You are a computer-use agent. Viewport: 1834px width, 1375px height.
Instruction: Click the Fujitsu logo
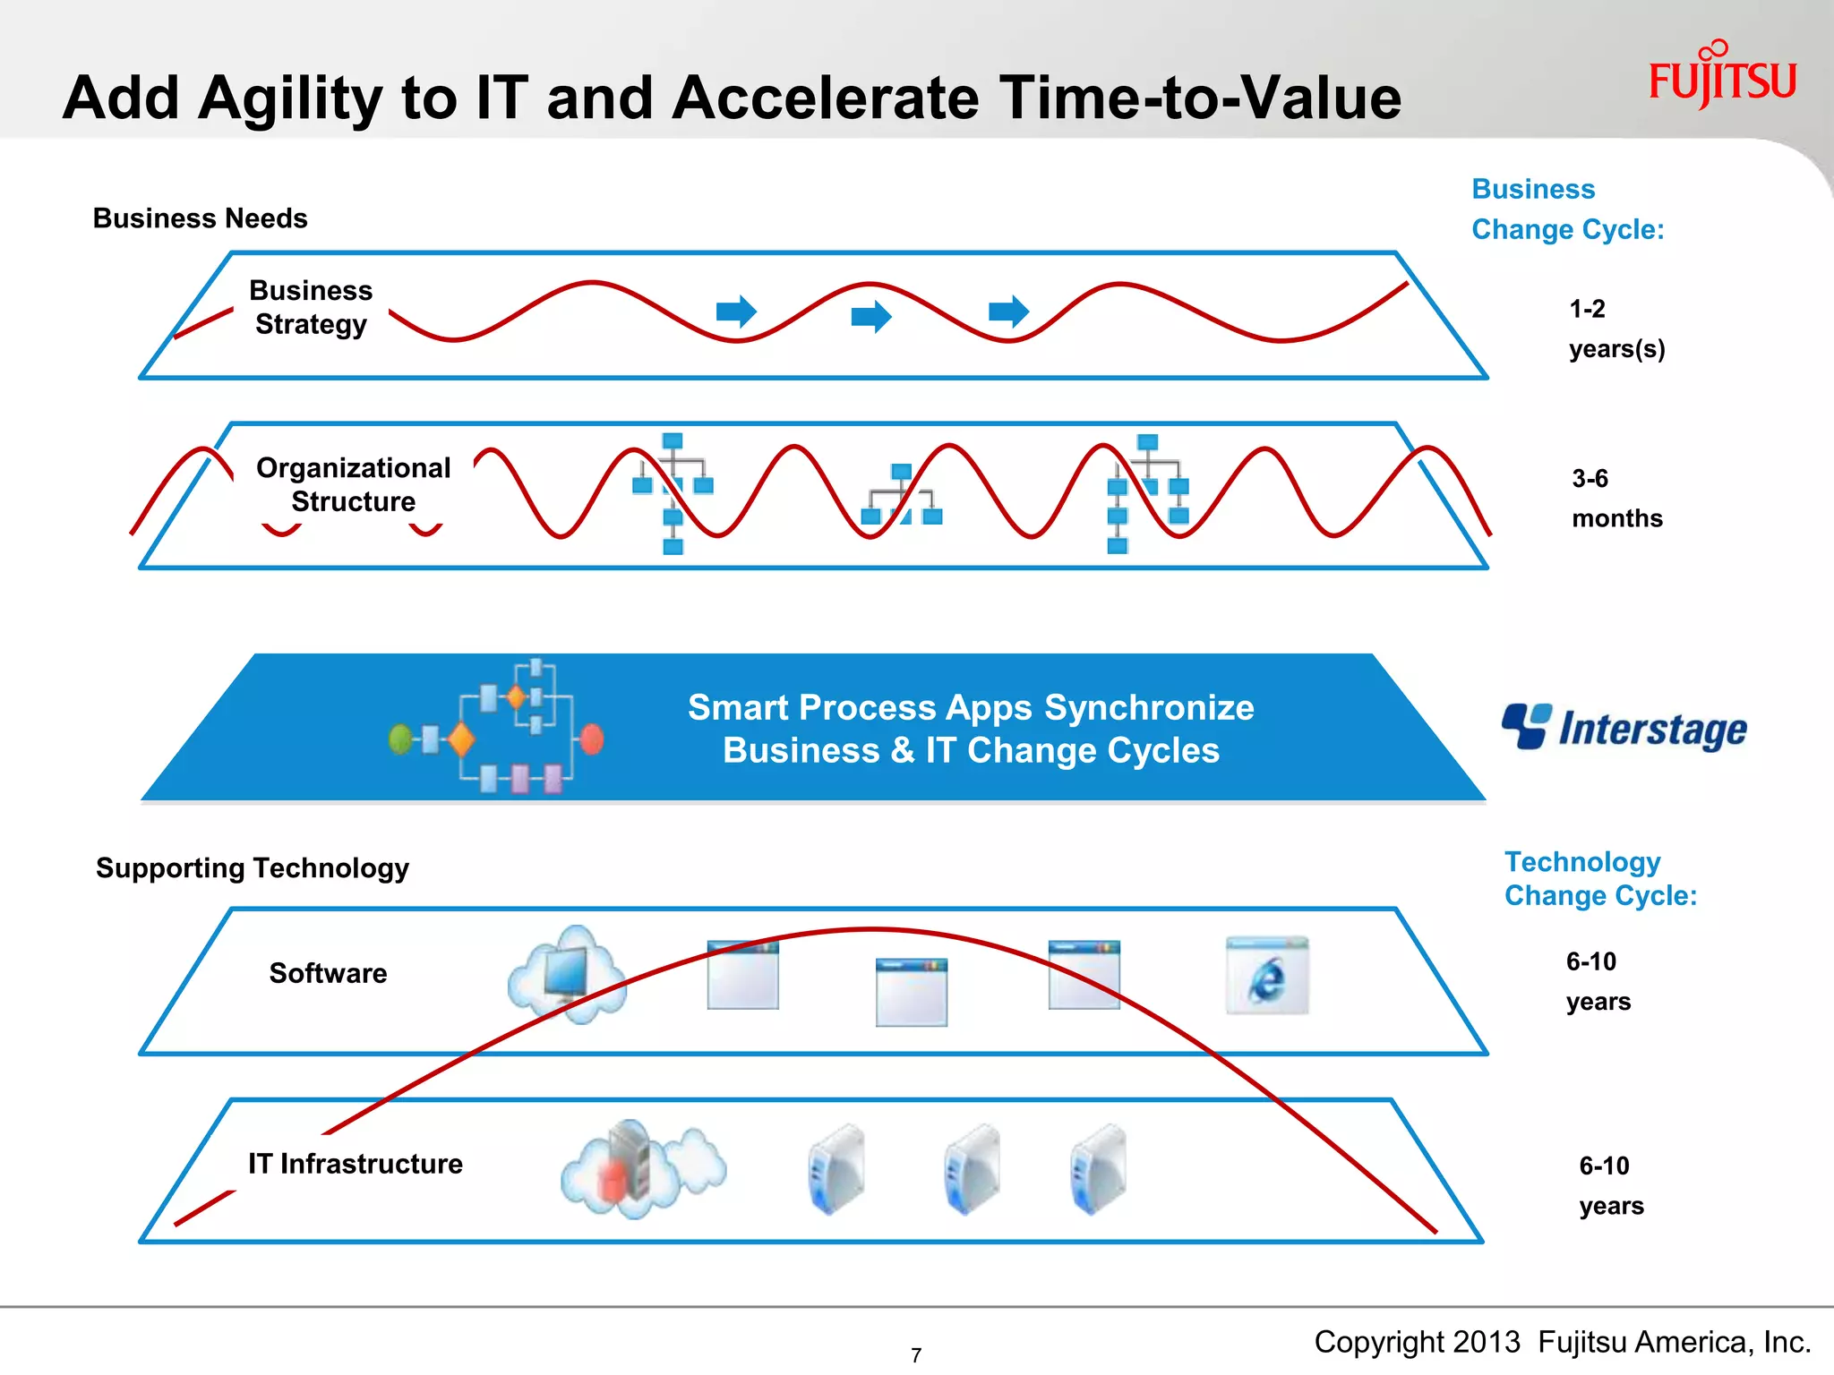click(1722, 77)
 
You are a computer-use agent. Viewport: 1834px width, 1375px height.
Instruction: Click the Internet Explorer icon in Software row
click(1266, 976)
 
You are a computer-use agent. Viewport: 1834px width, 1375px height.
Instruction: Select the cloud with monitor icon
click(567, 974)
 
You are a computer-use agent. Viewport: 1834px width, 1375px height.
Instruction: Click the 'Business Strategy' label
click(310, 307)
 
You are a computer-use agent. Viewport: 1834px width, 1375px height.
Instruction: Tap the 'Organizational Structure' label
click(353, 484)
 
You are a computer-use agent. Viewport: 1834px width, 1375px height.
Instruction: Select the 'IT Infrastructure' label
click(355, 1163)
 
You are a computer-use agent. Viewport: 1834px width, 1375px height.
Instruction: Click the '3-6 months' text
click(1615, 498)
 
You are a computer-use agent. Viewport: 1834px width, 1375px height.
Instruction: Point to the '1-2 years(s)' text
click(1615, 329)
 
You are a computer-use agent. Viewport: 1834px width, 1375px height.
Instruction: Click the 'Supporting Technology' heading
click(252, 867)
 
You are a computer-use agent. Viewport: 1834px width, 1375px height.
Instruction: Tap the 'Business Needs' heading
click(200, 218)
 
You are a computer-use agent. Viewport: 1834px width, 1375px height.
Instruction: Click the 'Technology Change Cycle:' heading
click(1599, 878)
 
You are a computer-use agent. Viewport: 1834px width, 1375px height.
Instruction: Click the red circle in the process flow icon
click(592, 739)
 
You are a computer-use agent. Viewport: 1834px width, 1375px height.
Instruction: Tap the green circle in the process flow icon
click(400, 739)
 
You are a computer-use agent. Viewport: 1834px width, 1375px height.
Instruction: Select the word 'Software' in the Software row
click(328, 973)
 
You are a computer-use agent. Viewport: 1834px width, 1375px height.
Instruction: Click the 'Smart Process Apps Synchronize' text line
click(970, 707)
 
